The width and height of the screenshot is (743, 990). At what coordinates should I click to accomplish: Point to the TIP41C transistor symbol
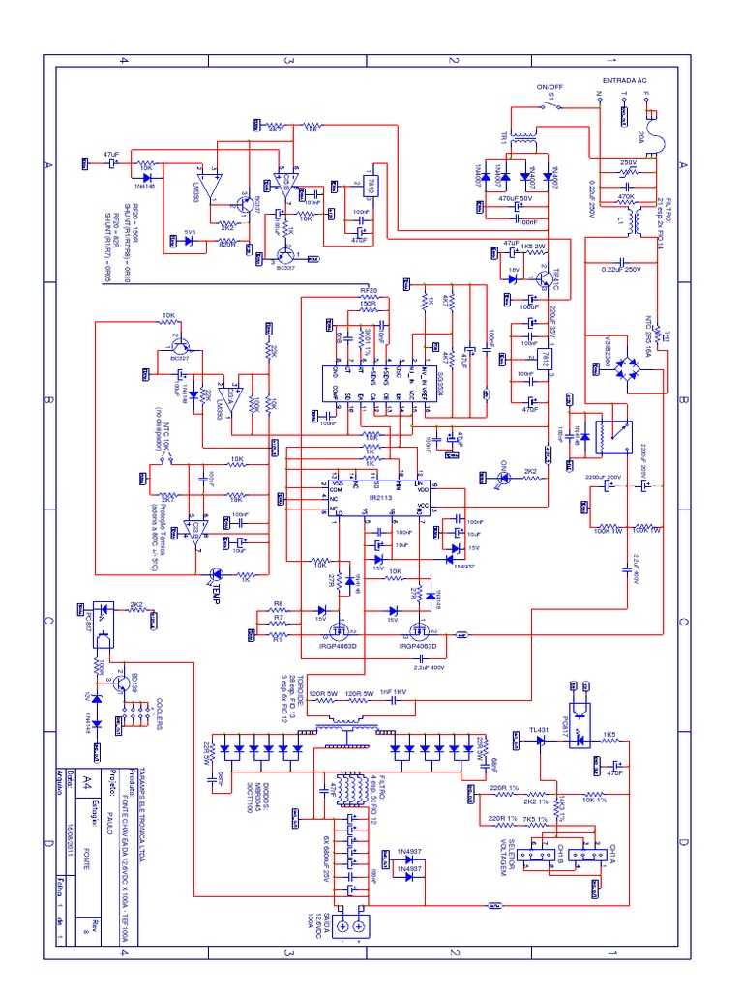(x=545, y=277)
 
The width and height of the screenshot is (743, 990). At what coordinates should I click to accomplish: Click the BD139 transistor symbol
(x=120, y=683)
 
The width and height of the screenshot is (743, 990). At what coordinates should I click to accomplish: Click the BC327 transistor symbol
(x=179, y=345)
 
